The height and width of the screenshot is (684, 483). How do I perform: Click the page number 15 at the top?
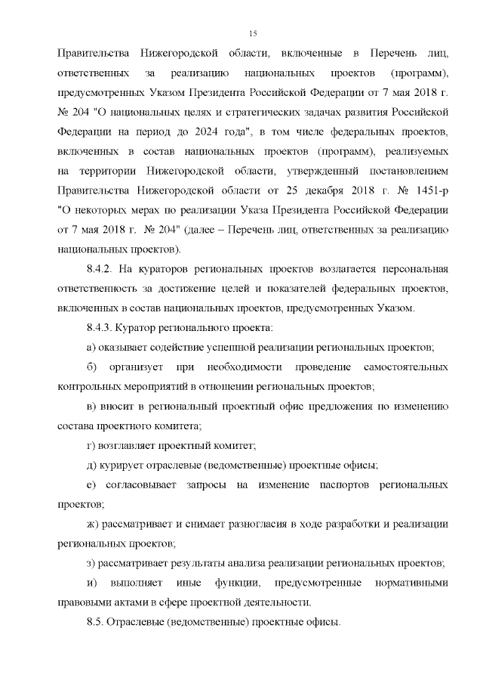254,32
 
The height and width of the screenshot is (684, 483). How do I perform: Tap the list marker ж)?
94,524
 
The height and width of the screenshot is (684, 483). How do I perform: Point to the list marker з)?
91,563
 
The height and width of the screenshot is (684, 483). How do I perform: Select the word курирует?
125,465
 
